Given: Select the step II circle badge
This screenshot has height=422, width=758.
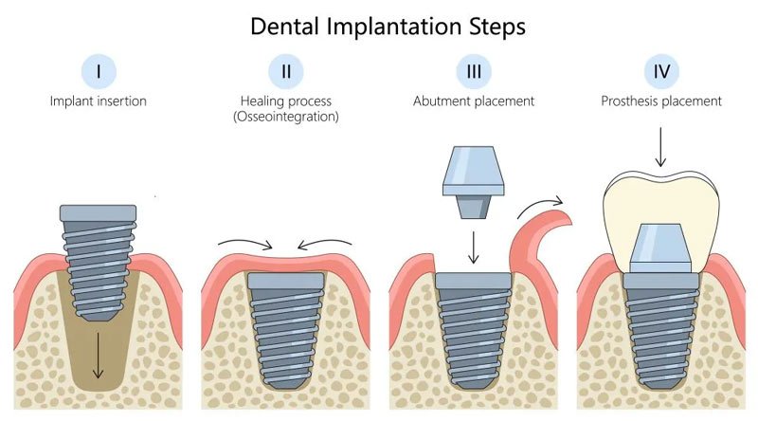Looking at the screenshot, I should tap(283, 72).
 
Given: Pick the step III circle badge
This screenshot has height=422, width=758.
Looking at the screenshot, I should tap(473, 72).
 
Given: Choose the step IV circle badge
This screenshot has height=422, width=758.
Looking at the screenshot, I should tap(661, 72).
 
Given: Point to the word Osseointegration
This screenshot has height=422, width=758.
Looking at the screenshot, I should tap(284, 118).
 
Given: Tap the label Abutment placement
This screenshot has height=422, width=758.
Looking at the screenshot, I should tap(473, 101).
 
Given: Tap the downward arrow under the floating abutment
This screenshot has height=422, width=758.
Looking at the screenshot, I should tap(472, 248).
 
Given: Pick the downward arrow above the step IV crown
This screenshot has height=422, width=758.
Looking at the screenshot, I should tap(661, 148).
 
